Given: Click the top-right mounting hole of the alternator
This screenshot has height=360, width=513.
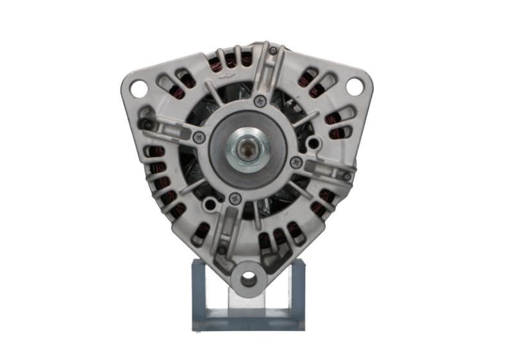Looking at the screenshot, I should pyautogui.click(x=353, y=85).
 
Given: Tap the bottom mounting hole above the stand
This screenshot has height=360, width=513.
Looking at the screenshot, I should pyautogui.click(x=248, y=279).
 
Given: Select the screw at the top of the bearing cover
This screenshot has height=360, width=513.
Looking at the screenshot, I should pyautogui.click(x=260, y=101).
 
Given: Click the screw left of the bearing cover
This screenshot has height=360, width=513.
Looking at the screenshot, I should pyautogui.click(x=199, y=137).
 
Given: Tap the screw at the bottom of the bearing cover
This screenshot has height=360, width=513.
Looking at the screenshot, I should pyautogui.click(x=235, y=199).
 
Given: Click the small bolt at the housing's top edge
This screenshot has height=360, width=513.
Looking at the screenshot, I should pyautogui.click(x=273, y=51).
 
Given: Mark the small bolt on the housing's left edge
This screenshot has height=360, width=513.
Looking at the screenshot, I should pyautogui.click(x=147, y=124).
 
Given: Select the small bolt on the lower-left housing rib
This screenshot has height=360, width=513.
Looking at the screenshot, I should pyautogui.click(x=222, y=250).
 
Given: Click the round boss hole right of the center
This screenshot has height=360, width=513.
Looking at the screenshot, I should pyautogui.click(x=313, y=142).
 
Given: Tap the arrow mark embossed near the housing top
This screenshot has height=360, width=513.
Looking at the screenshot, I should pyautogui.click(x=225, y=75).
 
